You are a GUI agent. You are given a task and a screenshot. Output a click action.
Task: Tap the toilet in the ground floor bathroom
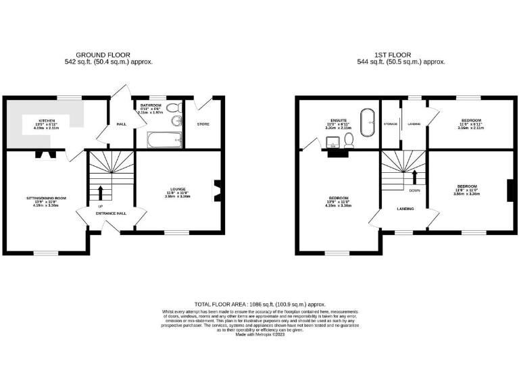click(x=173, y=109)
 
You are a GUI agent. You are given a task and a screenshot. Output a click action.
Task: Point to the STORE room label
click(x=203, y=124)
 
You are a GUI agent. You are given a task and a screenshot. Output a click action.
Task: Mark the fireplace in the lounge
click(x=216, y=190)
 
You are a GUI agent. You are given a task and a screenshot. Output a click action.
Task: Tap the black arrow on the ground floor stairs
click(x=101, y=192)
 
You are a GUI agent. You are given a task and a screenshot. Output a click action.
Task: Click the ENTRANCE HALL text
click(x=111, y=213)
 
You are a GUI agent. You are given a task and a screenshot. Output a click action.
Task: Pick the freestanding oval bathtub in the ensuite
click(x=370, y=122)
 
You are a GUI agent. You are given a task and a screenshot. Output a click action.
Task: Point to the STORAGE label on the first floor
click(x=390, y=124)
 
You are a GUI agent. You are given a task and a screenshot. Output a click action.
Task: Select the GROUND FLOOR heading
click(x=103, y=55)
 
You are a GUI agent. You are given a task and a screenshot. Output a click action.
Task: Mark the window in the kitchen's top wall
click(x=66, y=98)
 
